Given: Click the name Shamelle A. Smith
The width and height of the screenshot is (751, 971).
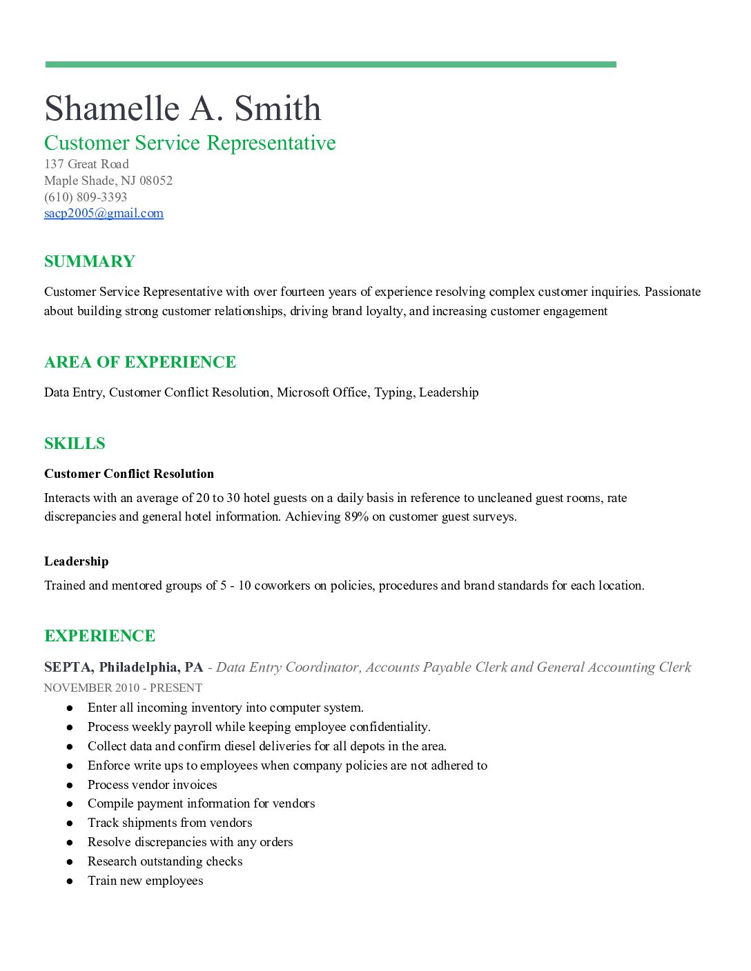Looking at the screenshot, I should [183, 108].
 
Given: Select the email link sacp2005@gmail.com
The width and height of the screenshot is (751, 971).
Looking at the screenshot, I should [104, 213].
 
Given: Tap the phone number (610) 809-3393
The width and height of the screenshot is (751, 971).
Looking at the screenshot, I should [86, 197].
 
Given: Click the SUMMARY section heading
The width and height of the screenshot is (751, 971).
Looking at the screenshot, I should [90, 261].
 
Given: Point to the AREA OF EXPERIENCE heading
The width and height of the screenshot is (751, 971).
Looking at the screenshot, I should [140, 362].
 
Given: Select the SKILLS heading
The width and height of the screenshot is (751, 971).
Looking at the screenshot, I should [75, 443].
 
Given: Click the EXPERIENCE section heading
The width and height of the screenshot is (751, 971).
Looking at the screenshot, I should [100, 636].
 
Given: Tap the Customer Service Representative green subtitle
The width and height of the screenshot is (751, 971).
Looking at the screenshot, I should [190, 143].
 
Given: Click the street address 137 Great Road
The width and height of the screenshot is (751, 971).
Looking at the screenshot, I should [86, 164].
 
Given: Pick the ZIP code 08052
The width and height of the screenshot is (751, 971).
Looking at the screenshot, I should [156, 181].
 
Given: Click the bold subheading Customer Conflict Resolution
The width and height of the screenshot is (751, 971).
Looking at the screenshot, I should [129, 474].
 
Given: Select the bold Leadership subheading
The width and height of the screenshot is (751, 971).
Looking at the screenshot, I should [77, 561].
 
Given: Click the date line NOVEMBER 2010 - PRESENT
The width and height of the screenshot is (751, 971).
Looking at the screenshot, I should [123, 688].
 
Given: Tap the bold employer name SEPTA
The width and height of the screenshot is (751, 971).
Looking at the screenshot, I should [68, 667].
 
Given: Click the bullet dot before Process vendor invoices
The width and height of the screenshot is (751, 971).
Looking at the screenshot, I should [70, 785].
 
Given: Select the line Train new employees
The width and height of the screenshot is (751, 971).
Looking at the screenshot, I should [145, 881].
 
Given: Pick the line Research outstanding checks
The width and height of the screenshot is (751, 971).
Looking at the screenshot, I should [165, 861].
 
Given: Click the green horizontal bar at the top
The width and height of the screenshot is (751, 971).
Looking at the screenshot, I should [331, 65].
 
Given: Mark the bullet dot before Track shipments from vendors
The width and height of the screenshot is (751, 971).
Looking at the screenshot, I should [70, 823].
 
